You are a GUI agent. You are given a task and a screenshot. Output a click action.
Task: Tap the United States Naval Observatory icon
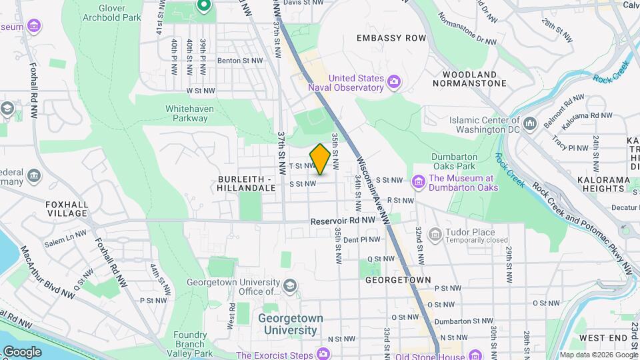395,82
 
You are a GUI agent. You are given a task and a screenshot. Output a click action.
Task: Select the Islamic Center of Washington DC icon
531,124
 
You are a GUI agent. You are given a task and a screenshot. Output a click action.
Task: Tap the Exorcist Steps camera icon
324,353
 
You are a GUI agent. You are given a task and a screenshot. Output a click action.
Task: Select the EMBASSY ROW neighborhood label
391,38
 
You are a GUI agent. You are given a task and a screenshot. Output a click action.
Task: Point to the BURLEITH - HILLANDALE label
246,184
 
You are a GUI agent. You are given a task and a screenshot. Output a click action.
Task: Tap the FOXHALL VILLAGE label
67,209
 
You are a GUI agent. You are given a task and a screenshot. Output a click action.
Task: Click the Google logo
22,351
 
